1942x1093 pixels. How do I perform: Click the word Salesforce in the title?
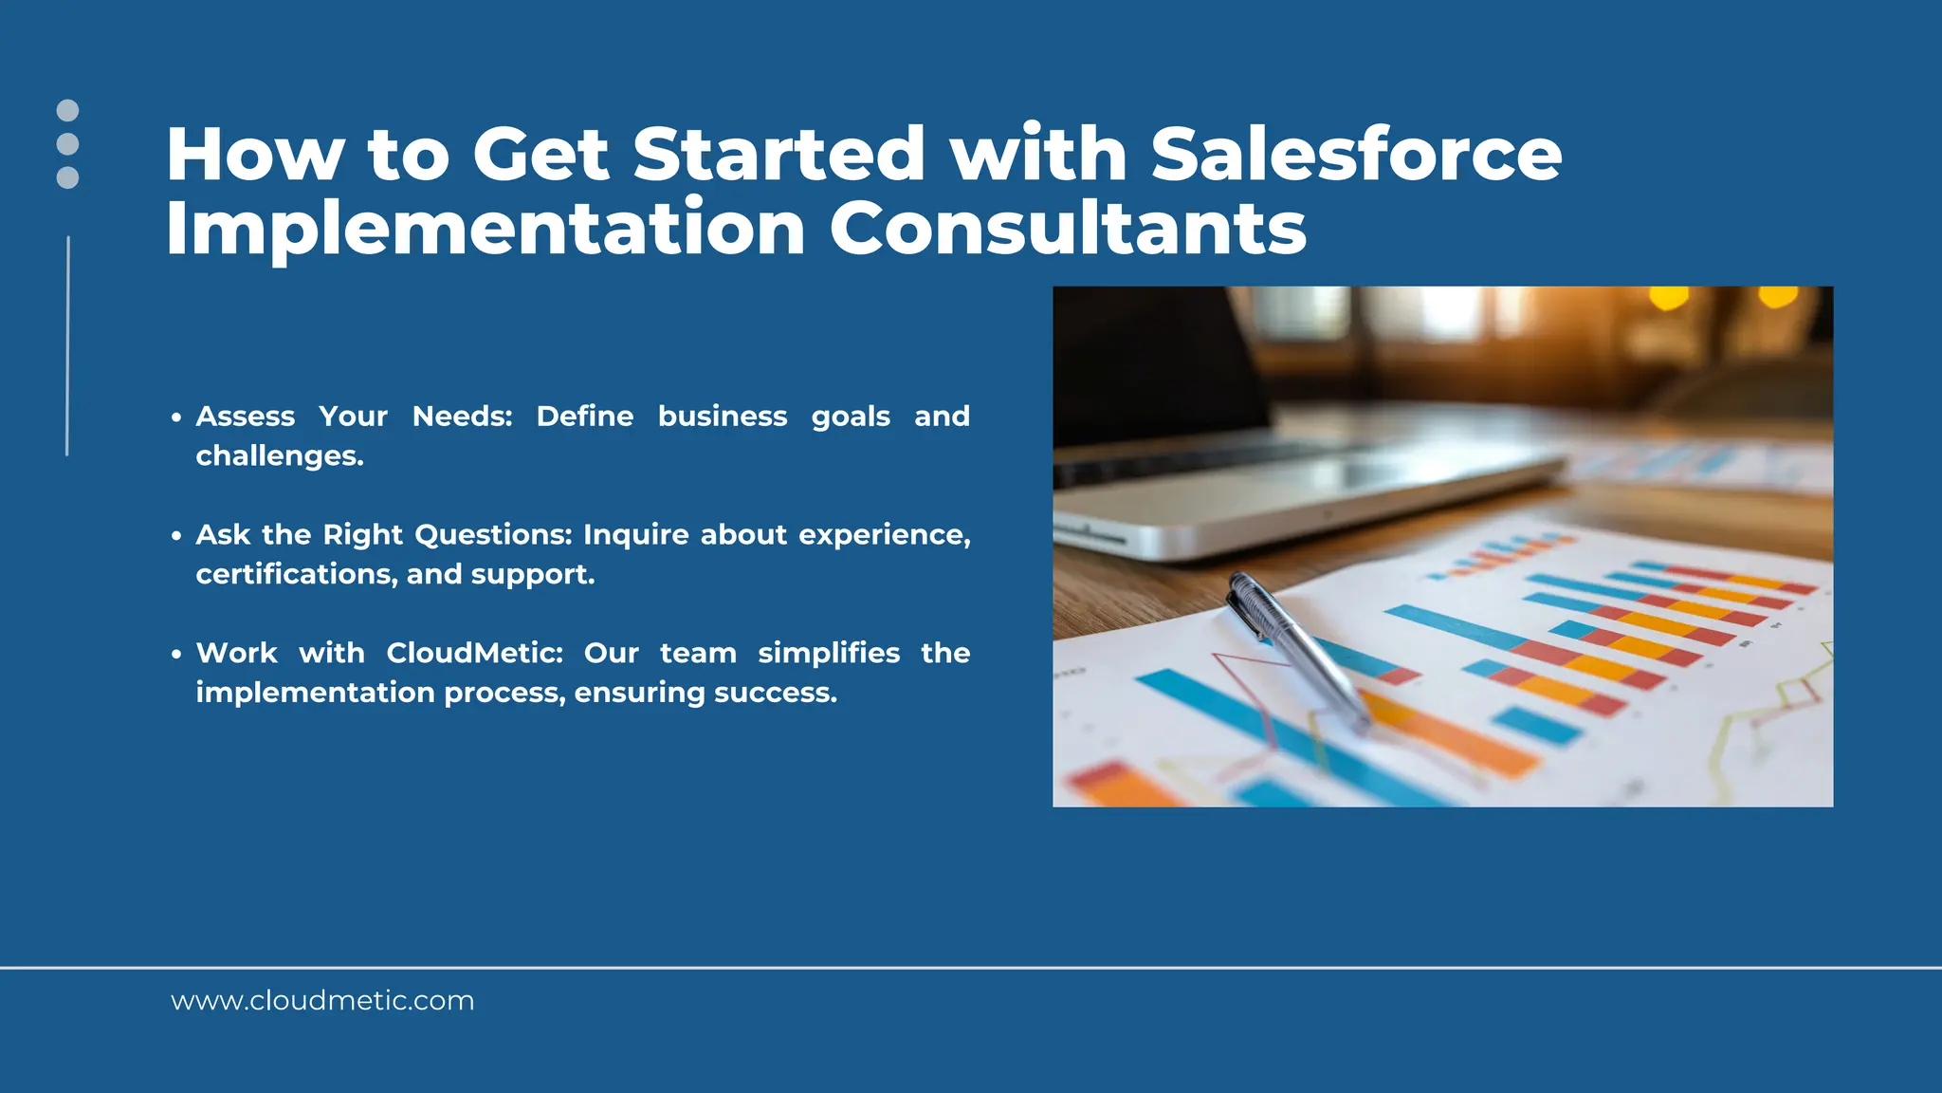[x=1356, y=154]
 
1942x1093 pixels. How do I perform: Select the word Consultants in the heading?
[x=1068, y=229]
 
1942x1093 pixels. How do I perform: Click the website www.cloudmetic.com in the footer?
[x=322, y=1001]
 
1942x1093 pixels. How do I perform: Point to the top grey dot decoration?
[x=67, y=110]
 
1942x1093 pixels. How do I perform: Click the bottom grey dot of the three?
[x=67, y=177]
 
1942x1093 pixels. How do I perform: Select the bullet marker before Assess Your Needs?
[x=176, y=417]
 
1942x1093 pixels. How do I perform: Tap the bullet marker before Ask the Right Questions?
[x=176, y=536]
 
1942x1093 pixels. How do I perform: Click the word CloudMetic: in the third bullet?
[x=474, y=653]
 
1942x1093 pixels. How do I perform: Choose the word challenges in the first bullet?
[x=279, y=456]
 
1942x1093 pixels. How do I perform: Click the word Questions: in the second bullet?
[x=493, y=535]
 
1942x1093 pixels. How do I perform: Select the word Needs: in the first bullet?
[x=462, y=417]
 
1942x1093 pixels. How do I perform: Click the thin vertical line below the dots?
[x=67, y=346]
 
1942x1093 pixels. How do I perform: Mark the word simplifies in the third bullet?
[x=829, y=654]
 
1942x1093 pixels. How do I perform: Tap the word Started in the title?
[x=778, y=154]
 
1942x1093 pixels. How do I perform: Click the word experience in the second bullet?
[x=883, y=536]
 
